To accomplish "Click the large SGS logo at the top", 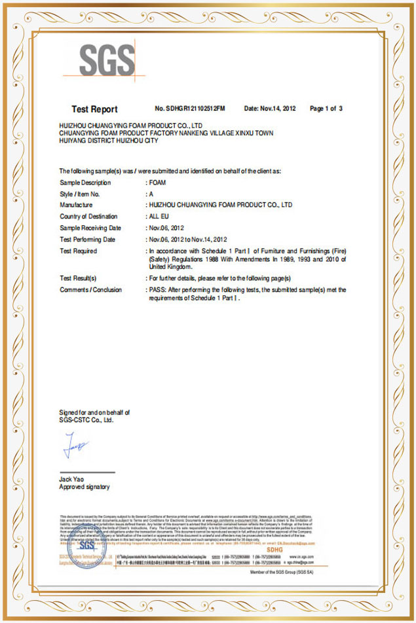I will (107, 60).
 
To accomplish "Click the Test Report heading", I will (94, 109).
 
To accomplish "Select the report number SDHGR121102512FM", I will (190, 109).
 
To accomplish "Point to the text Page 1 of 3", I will (326, 109).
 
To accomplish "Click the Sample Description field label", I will (85, 183).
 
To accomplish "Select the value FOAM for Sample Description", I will (157, 183).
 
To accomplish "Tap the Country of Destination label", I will (88, 217).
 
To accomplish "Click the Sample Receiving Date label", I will (90, 228).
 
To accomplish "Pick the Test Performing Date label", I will (87, 240).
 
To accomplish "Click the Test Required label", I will (78, 251).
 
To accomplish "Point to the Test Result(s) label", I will (78, 278).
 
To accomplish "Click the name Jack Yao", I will (71, 480).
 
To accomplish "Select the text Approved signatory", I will (85, 488).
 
